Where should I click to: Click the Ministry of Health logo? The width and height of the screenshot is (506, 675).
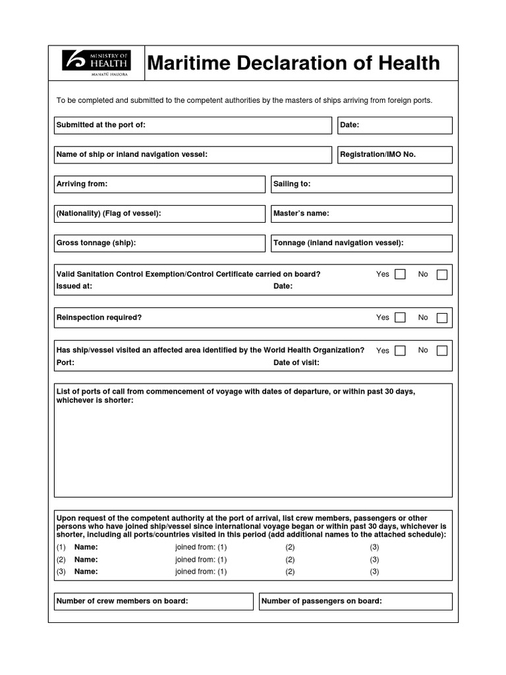coord(96,63)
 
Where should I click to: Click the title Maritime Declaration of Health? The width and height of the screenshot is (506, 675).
coord(293,63)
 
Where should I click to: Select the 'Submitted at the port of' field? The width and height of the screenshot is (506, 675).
coord(192,125)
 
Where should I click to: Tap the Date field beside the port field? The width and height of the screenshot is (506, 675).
coord(395,125)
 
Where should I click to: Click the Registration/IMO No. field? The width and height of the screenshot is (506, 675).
coord(395,155)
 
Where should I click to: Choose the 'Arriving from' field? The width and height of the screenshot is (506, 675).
coord(159,185)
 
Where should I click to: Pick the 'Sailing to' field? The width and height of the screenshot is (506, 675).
coord(361,185)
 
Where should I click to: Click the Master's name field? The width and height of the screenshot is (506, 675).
coord(361,214)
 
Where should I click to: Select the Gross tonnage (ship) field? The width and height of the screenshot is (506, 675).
coord(159,243)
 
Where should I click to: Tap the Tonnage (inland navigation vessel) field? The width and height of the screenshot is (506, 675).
coord(361,243)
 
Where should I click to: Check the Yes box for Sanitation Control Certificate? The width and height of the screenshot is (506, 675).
coord(400,274)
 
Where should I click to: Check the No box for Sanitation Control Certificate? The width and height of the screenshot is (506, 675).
coord(442,274)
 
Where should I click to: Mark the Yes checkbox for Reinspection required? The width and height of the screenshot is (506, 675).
coord(400,318)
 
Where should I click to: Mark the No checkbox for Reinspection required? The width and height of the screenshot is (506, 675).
coord(442,318)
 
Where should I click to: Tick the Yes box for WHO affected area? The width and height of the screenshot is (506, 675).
coord(400,351)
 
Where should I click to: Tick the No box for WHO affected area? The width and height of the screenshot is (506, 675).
coord(442,351)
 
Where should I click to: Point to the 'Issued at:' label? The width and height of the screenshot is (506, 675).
coord(74,286)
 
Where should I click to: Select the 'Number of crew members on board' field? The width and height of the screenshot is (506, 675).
coord(154,601)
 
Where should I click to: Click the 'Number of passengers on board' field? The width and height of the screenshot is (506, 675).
coord(356,601)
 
